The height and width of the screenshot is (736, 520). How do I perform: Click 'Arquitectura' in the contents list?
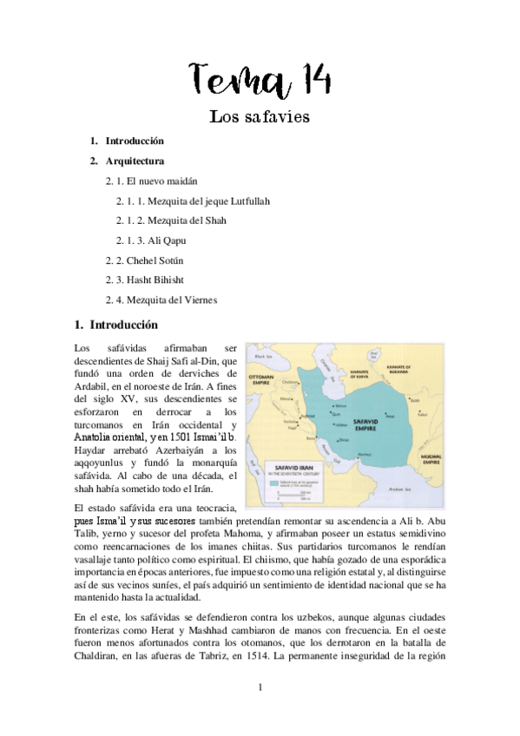tap(135, 161)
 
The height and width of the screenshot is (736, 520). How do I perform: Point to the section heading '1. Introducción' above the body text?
tap(117, 325)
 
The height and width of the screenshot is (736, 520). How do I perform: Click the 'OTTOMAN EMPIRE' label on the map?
tap(264, 380)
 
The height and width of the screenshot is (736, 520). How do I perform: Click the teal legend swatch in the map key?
tap(288, 476)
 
